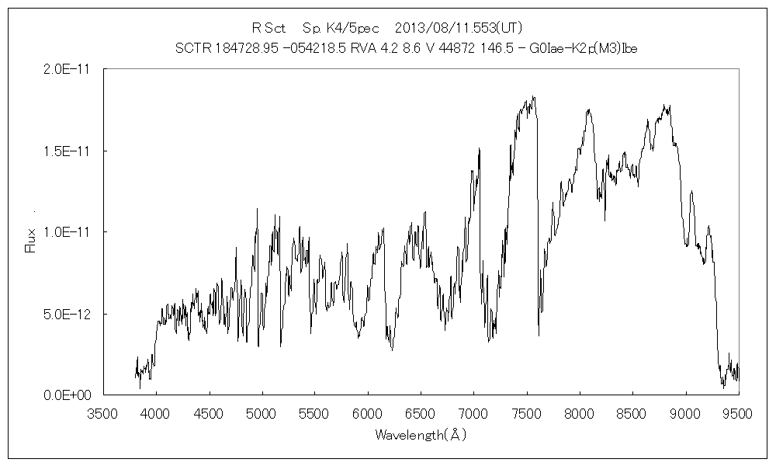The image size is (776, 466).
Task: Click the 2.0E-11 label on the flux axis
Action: click(x=69, y=69)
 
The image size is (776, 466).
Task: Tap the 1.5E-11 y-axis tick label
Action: click(x=69, y=151)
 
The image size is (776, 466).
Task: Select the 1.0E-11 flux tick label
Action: click(x=69, y=232)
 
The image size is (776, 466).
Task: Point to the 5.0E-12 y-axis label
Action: click(x=69, y=314)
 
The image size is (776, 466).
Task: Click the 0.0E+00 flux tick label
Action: click(x=69, y=395)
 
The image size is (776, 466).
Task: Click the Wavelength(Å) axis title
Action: click(x=421, y=435)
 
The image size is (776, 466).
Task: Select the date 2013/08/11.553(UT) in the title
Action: click(x=453, y=28)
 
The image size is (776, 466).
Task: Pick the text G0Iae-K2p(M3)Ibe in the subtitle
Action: click(x=590, y=48)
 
